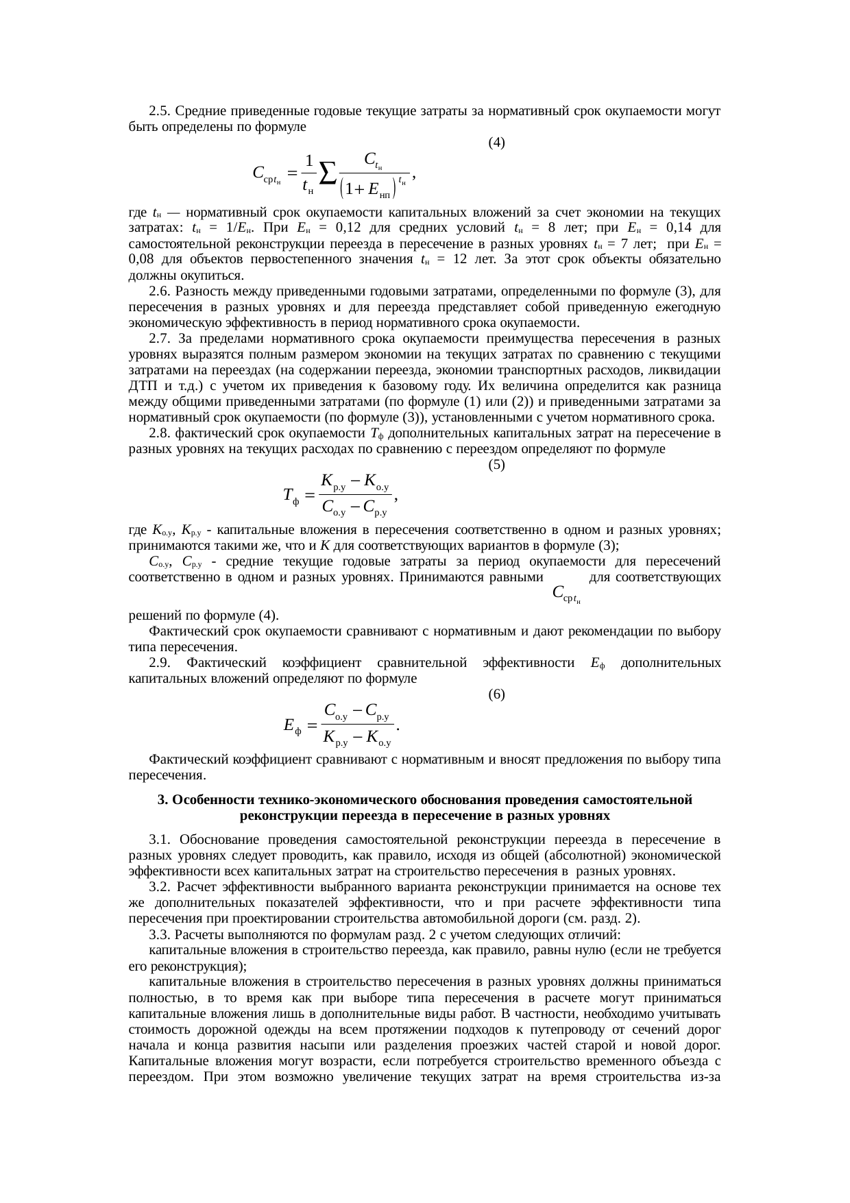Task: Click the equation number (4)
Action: click(496, 143)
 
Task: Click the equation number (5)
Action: click(496, 465)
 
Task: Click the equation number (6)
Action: click(496, 694)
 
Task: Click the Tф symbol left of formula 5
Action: click(291, 495)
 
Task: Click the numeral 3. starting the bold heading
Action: click(162, 800)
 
